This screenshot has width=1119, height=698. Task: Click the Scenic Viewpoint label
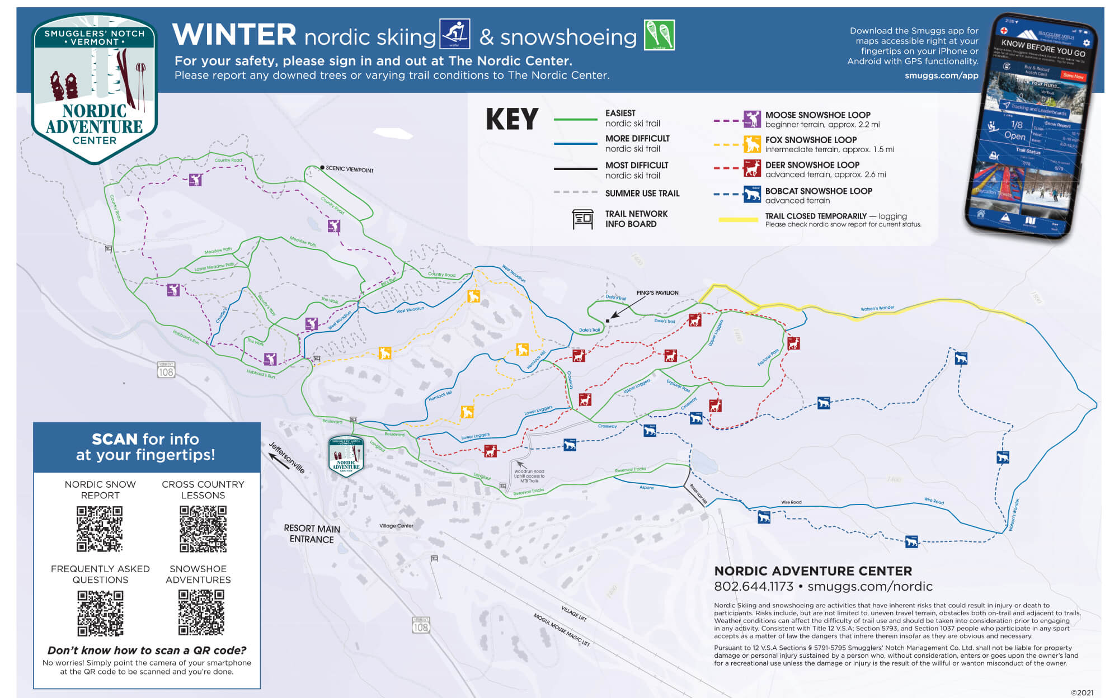(349, 169)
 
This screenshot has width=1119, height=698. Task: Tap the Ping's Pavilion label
(657, 293)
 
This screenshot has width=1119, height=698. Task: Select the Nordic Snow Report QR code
(100, 529)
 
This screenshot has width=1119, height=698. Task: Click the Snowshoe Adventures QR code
(201, 612)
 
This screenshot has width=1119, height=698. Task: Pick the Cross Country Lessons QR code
(203, 529)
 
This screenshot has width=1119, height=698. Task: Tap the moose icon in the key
(751, 119)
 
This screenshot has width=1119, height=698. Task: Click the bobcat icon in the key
(751, 194)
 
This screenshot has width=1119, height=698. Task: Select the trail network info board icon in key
(582, 219)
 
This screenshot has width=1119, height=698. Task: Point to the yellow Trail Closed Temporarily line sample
(738, 220)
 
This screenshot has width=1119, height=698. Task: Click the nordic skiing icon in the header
(454, 34)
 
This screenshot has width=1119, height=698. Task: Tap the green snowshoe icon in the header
(659, 35)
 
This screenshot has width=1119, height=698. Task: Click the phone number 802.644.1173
(753, 586)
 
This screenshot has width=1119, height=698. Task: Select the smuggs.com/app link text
(941, 76)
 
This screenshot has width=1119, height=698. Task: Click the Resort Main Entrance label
(312, 534)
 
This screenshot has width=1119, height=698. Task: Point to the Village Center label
(396, 526)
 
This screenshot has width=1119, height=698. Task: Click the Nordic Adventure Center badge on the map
(346, 456)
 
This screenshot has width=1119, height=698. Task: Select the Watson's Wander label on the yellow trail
(877, 308)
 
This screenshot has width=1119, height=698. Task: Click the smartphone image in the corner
(1029, 126)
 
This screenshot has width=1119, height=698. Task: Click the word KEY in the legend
(512, 119)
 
